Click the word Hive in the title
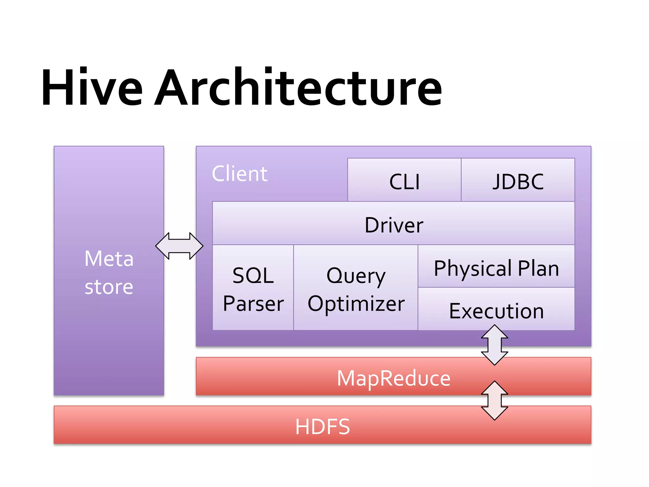click(92, 88)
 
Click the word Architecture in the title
click(298, 88)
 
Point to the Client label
click(240, 174)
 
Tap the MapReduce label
click(393, 378)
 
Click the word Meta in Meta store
click(109, 258)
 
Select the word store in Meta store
click(109, 287)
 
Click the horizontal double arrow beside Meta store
click(179, 246)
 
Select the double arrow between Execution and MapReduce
click(494, 345)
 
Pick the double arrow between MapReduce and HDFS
click(494, 400)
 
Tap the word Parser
click(253, 304)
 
